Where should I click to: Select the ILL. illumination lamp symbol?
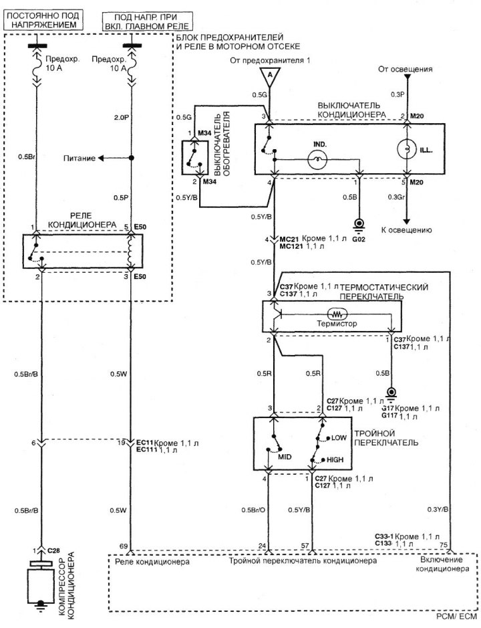(407, 149)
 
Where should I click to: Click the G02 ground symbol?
(359, 225)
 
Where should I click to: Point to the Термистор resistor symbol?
(337, 313)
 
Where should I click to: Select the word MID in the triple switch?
(285, 457)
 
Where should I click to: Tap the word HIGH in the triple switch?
(335, 459)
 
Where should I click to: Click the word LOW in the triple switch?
(339, 438)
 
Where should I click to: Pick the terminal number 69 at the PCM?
(124, 546)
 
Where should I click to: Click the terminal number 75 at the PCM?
(444, 545)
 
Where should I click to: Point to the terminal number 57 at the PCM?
(305, 546)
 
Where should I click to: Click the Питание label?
(79, 159)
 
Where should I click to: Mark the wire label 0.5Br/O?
(253, 510)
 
